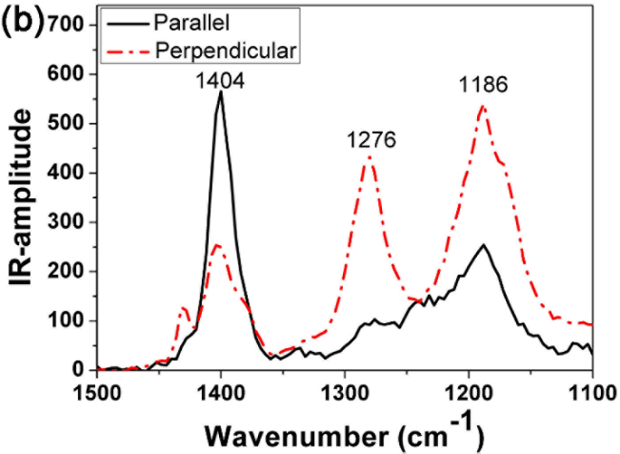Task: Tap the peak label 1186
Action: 482,86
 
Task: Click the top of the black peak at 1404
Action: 220,93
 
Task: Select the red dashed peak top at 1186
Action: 482,106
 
